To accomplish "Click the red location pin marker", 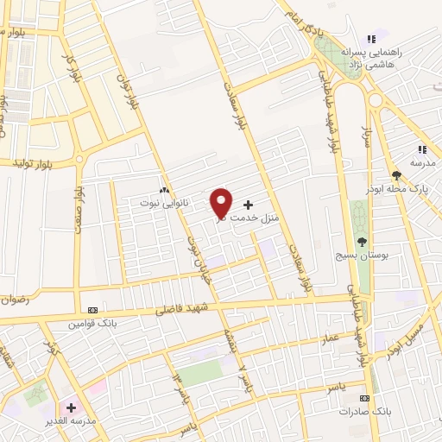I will point(222,202).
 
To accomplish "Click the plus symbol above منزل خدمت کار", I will point(249,205).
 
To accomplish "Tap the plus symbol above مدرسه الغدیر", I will point(71,407).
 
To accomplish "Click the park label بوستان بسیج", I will point(362,256).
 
